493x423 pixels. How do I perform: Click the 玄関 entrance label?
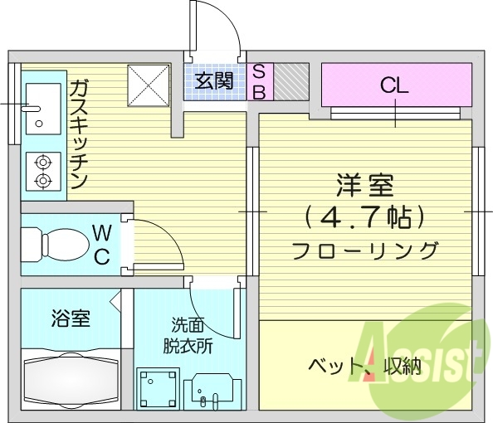[x=214, y=81]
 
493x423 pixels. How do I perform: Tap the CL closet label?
[x=394, y=84]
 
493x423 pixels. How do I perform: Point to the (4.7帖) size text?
[x=365, y=217]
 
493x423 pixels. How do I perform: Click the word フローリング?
[x=365, y=249]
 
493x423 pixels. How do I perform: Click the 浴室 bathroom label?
[x=71, y=318]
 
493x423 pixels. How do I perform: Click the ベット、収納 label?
[x=365, y=366]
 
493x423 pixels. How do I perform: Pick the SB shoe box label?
[x=258, y=82]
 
